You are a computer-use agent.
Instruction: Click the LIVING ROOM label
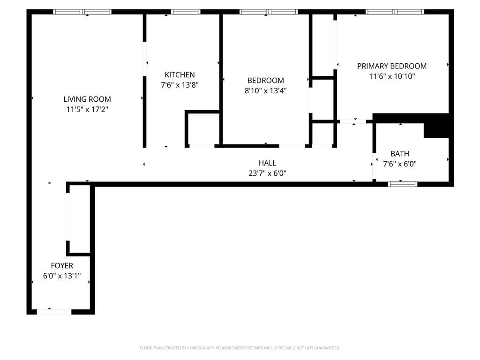[x=87, y=99]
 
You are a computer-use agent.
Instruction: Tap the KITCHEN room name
[x=180, y=75]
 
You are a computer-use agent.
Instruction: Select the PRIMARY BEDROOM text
[x=392, y=66]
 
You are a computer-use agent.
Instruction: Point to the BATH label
[x=399, y=154]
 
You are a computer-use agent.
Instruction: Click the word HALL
[x=267, y=163]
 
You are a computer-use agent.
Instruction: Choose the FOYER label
[x=62, y=266]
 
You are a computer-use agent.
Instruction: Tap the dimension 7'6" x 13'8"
[x=180, y=85]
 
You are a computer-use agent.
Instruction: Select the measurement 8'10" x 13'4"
[x=265, y=91]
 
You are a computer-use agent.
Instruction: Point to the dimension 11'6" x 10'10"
[x=392, y=76]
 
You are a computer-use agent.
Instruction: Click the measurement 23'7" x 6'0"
[x=267, y=173]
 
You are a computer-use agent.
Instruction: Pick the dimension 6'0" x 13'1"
[x=62, y=276]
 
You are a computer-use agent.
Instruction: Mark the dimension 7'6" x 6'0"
[x=399, y=164]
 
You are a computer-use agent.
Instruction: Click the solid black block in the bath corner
[x=436, y=129]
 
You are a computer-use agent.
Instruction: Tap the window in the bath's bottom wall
[x=403, y=184]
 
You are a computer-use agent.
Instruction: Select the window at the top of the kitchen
[x=186, y=12]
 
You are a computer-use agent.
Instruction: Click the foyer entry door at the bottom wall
[x=54, y=311]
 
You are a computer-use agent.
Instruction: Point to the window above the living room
[x=82, y=12]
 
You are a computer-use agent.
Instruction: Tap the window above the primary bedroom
[x=395, y=12]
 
